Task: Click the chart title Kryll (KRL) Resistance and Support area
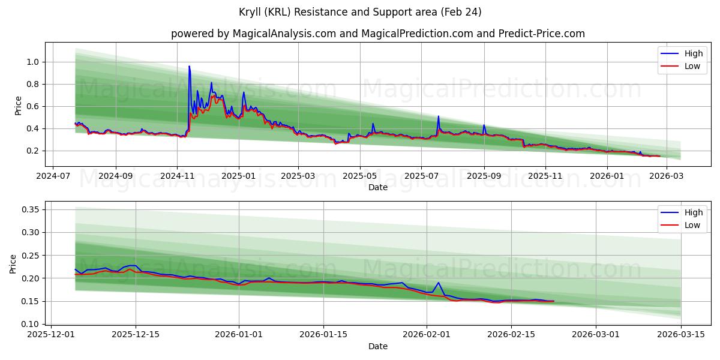pos(359,12)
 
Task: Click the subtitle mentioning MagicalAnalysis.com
pos(378,34)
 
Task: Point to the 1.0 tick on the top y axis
pos(32,62)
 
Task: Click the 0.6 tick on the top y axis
pos(32,106)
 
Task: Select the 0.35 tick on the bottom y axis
pos(30,209)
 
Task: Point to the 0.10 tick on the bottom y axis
pos(30,324)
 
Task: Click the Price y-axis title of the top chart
pos(18,106)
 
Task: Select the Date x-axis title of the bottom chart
pos(378,346)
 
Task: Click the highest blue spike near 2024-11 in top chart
pos(189,67)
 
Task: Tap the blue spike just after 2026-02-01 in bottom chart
pos(439,283)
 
